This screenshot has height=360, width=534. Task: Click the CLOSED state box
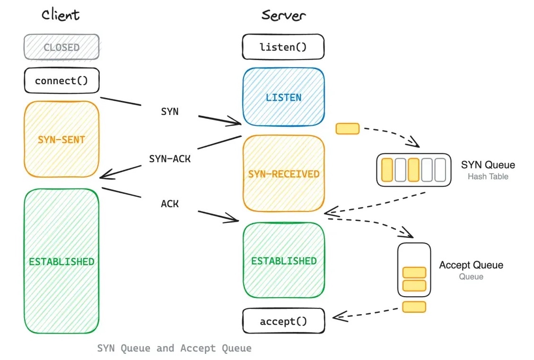pos(61,47)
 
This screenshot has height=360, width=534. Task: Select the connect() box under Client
pos(61,80)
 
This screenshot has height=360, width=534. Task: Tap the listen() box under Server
pos(283,47)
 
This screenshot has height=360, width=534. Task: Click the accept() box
pos(283,322)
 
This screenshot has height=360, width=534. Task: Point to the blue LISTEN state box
pos(283,97)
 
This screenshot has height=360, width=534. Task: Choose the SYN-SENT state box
pos(61,140)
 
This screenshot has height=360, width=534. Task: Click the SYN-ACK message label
pos(170,159)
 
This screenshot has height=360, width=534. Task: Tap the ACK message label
pos(170,204)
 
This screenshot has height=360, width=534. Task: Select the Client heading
pos(61,15)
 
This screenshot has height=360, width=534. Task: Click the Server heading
pos(284,15)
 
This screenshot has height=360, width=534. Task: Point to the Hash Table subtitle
pos(487,176)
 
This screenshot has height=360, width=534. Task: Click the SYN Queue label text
pos(488,165)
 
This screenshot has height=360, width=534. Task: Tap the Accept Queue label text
pos(471,265)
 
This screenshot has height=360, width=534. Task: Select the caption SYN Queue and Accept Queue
pos(174,349)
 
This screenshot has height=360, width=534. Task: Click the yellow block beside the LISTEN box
pos(348,128)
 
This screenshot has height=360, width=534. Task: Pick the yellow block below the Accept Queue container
pos(414,307)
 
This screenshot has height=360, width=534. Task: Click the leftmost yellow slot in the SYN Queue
pos(387,170)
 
